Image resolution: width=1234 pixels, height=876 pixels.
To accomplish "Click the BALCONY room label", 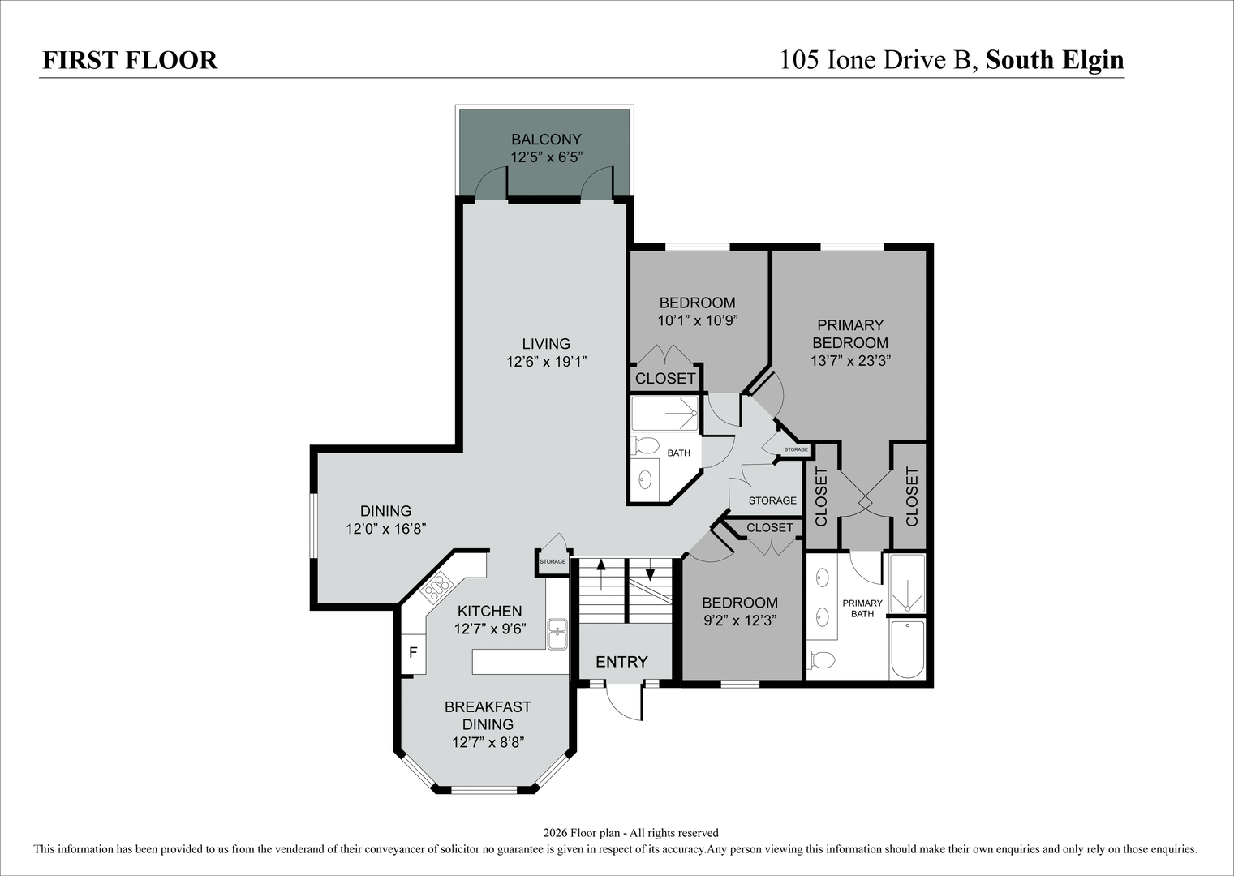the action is tap(546, 140).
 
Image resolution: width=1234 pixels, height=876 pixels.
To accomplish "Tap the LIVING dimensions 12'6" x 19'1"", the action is tap(546, 362).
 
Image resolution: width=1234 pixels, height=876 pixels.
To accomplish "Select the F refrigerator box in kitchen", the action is tap(413, 653).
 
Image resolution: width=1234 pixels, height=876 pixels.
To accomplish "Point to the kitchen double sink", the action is tap(557, 634).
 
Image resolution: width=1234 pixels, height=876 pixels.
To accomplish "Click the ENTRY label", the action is tap(621, 662).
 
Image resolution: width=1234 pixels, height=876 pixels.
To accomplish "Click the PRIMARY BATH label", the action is tap(862, 608).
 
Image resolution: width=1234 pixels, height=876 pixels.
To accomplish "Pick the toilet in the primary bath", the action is tap(821, 659).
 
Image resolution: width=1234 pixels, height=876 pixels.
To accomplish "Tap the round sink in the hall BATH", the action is tap(645, 479).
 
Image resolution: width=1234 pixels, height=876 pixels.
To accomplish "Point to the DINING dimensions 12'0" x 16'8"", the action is tap(386, 529).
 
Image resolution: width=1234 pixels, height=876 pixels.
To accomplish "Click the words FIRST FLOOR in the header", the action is tap(130, 60).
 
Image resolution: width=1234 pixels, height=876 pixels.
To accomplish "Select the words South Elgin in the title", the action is tap(1055, 60).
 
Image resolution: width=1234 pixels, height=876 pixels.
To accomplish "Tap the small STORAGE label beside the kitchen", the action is tap(553, 561).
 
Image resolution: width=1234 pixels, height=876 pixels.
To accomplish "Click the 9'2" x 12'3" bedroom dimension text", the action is tap(740, 620).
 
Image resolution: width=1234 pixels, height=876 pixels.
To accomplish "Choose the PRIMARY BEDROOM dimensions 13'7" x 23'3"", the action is tap(850, 361).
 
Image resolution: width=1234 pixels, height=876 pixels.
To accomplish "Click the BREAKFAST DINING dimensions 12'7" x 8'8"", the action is tap(488, 742).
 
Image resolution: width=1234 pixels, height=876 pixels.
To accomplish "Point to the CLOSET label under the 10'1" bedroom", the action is tap(665, 378).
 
